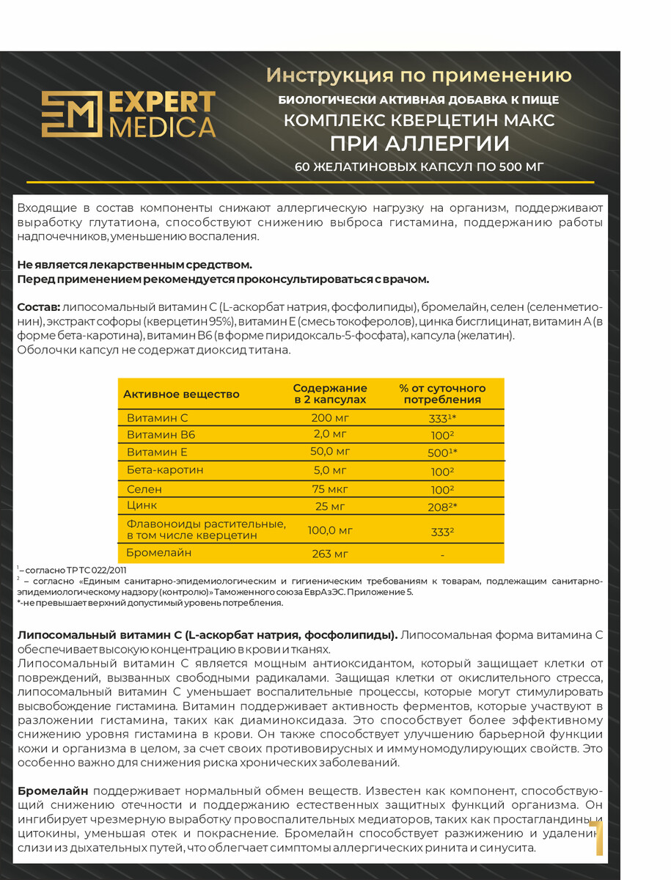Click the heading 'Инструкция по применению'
(419, 76)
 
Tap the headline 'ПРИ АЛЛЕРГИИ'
(419, 142)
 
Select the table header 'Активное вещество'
(181, 395)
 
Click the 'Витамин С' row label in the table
(158, 417)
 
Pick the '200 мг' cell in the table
(330, 417)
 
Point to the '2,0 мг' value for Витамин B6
(330, 435)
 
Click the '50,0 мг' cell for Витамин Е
(330, 452)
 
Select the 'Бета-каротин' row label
(165, 470)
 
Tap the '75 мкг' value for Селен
(330, 488)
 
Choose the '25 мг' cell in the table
(330, 506)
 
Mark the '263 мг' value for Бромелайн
(330, 554)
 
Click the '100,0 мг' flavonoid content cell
(330, 529)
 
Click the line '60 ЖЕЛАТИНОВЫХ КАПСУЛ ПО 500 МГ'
(419, 167)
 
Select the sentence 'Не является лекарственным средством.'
(134, 265)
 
